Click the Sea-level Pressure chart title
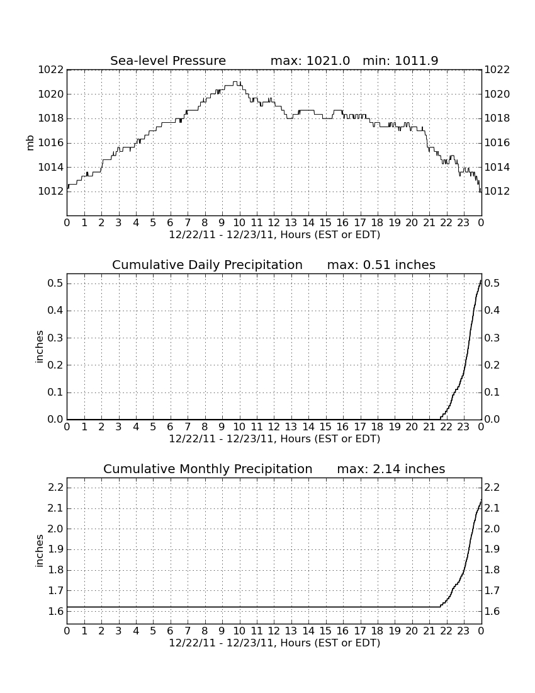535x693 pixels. click(x=168, y=61)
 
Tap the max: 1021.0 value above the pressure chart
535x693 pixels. click(x=310, y=60)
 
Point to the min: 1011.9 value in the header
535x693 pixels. click(x=400, y=60)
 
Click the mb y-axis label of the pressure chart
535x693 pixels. click(x=30, y=143)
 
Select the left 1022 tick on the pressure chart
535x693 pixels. click(x=51, y=70)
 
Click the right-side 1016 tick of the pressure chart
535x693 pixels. click(x=497, y=143)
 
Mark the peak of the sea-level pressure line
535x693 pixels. click(x=237, y=82)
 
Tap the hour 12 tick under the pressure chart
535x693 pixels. click(x=274, y=223)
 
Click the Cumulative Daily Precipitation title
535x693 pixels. click(x=207, y=265)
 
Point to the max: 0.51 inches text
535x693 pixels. click(x=381, y=265)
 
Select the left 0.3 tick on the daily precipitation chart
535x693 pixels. click(x=55, y=338)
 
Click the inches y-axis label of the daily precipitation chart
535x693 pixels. click(x=40, y=347)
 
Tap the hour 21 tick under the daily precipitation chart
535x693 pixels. click(x=429, y=427)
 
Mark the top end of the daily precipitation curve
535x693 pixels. click(x=481, y=280)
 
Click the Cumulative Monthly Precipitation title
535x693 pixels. click(x=208, y=469)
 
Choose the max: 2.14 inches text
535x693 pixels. click(x=391, y=469)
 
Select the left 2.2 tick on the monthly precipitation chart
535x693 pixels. click(x=55, y=488)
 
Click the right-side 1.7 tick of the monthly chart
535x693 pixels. click(x=492, y=591)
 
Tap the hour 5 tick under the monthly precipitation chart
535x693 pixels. click(x=153, y=631)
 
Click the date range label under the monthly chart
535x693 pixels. click(x=274, y=643)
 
